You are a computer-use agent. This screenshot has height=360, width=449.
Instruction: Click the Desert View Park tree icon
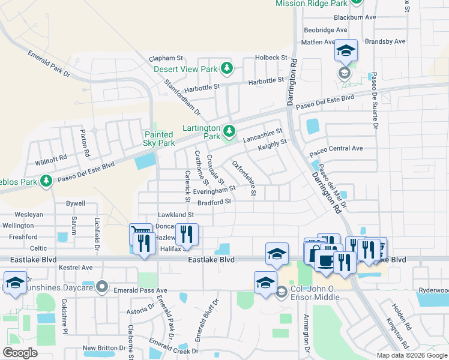(x=227, y=69)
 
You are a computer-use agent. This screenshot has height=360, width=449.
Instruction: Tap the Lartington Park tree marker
(x=229, y=131)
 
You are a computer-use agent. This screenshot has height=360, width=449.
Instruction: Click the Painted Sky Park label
(x=159, y=139)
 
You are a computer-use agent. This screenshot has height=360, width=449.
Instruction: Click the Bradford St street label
(x=214, y=202)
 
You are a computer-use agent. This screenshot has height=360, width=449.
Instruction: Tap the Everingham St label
(x=210, y=189)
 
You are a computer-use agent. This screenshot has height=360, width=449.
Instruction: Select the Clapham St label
(x=166, y=58)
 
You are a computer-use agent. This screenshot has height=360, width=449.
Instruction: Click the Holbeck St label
(x=271, y=57)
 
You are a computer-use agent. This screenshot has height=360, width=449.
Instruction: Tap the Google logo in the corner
(x=20, y=353)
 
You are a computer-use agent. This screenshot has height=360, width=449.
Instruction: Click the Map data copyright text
(x=412, y=355)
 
